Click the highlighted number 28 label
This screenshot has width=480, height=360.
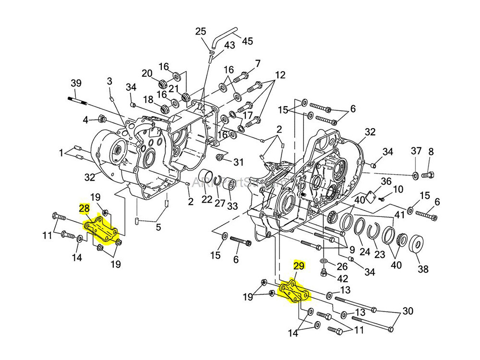pyautogui.click(x=84, y=208)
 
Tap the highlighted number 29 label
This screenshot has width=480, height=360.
pyautogui.click(x=299, y=265)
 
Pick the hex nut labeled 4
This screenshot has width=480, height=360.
pyautogui.click(x=101, y=119)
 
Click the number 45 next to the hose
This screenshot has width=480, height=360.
pyautogui.click(x=247, y=41)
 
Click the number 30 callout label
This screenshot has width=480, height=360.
pyautogui.click(x=408, y=312)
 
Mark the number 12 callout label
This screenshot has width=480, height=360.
pyautogui.click(x=280, y=75)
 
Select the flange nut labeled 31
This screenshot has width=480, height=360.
pyautogui.click(x=220, y=157)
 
